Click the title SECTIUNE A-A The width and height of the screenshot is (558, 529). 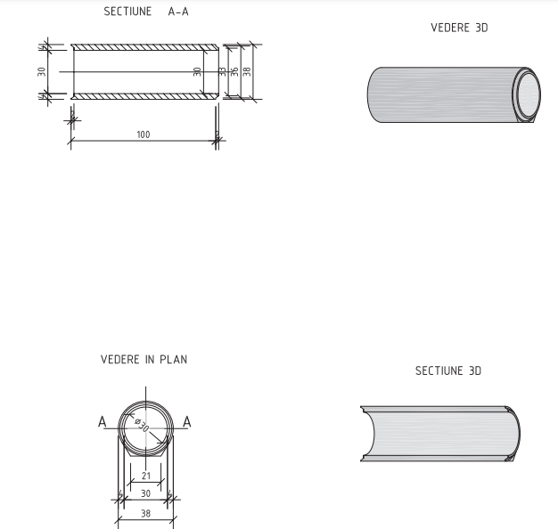(x=146, y=12)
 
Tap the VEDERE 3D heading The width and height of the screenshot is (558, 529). (x=459, y=28)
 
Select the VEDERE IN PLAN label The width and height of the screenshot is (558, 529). (x=144, y=360)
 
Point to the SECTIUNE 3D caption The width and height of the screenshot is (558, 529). (x=448, y=370)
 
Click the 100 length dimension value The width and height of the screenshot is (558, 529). (x=143, y=134)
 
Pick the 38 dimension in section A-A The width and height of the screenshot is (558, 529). (x=247, y=71)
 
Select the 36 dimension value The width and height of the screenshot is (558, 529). (x=234, y=71)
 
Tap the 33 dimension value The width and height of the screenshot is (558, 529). (x=223, y=71)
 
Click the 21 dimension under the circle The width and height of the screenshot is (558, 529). (x=146, y=476)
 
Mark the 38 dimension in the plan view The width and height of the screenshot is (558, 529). (x=145, y=513)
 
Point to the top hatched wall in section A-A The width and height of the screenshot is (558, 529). (x=143, y=47)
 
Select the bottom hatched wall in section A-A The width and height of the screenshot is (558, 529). (x=143, y=96)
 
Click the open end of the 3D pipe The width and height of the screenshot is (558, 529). (x=527, y=93)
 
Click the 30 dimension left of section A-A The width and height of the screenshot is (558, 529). (x=42, y=71)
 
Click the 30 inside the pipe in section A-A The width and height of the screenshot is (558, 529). (x=197, y=71)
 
